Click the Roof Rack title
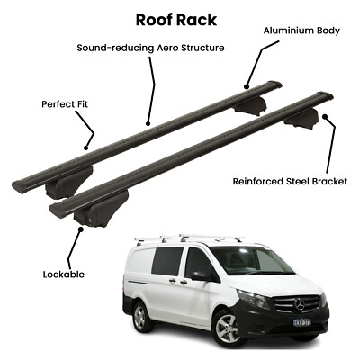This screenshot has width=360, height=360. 176,20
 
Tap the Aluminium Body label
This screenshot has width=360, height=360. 301,31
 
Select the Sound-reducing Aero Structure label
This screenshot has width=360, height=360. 150,48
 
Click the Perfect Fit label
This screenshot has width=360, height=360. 65,104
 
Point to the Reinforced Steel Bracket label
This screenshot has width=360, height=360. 290,182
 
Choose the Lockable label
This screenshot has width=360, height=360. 64,274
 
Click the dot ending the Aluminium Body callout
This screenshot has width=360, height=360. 247,87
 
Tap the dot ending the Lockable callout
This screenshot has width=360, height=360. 80,229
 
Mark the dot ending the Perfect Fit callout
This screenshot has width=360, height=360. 85,148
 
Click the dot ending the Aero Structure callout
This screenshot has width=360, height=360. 148,123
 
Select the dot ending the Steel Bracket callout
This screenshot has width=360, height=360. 324,116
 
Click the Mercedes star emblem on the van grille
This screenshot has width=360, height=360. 299,305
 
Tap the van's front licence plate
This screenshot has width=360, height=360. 302,322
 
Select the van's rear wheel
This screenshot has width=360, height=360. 140,316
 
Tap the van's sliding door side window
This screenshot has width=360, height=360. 166,260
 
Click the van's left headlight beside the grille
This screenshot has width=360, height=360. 254,299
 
